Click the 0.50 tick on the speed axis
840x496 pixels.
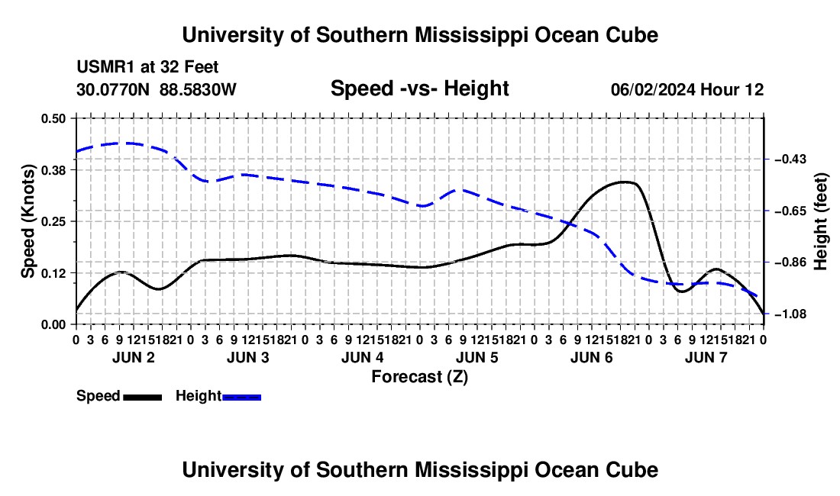pos(53,118)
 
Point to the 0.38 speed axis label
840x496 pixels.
pos(53,170)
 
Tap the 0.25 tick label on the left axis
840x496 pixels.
pos(53,221)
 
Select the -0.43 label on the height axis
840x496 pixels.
pos(790,159)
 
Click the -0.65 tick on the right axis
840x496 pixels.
pos(790,211)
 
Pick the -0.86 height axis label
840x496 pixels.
pos(790,262)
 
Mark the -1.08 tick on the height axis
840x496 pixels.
pos(790,314)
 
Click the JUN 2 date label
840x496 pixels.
pos(134,357)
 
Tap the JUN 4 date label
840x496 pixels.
pos(363,357)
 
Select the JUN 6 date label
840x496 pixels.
pos(591,357)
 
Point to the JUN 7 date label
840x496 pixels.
pos(706,357)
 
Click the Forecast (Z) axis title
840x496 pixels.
pos(420,377)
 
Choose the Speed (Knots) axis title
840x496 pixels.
pos(27,221)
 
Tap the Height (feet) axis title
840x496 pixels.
pos(820,221)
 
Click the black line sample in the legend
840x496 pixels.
pos(143,398)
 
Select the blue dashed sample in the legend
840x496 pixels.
pos(241,398)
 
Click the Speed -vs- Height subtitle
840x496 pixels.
pos(419,89)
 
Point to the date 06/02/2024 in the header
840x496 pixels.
pos(653,89)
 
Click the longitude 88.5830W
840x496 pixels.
pos(198,89)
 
